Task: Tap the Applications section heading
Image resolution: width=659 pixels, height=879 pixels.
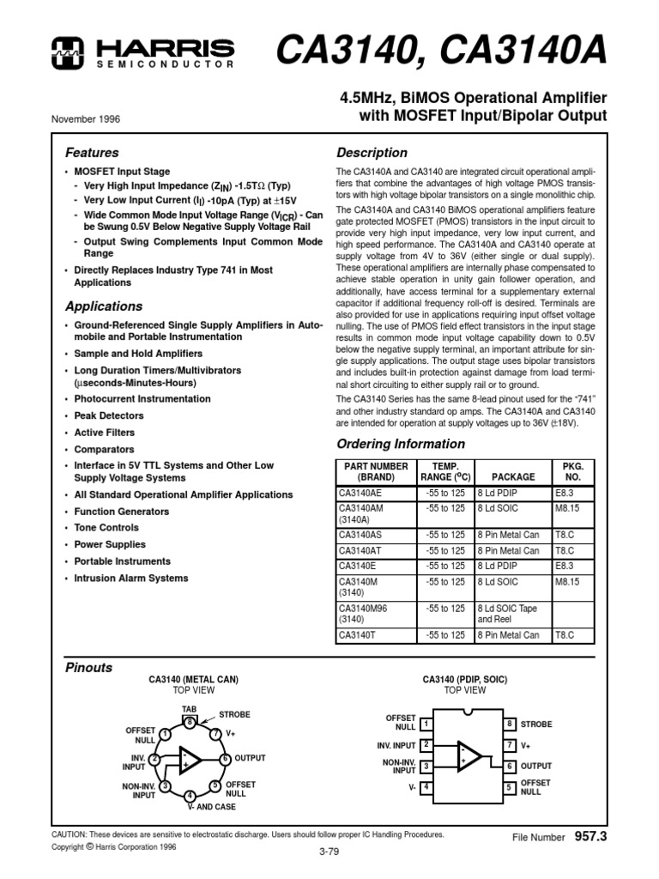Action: pos(104,306)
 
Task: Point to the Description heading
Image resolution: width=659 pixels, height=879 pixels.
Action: pos(372,153)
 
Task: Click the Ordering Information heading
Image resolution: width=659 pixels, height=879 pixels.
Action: pos(401,444)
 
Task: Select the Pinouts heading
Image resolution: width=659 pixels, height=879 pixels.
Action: pos(89,667)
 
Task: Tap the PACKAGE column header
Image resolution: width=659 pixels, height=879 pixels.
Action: pos(513,476)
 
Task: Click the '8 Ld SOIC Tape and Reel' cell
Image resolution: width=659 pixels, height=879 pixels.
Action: pos(511,613)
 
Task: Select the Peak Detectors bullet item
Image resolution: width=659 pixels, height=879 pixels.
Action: pos(109,415)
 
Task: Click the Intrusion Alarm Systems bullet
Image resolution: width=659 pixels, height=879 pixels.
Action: pos(130,578)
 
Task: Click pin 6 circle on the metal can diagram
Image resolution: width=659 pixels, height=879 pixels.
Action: pos(225,759)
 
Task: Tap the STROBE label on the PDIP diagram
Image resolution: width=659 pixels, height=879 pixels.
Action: pos(536,724)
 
